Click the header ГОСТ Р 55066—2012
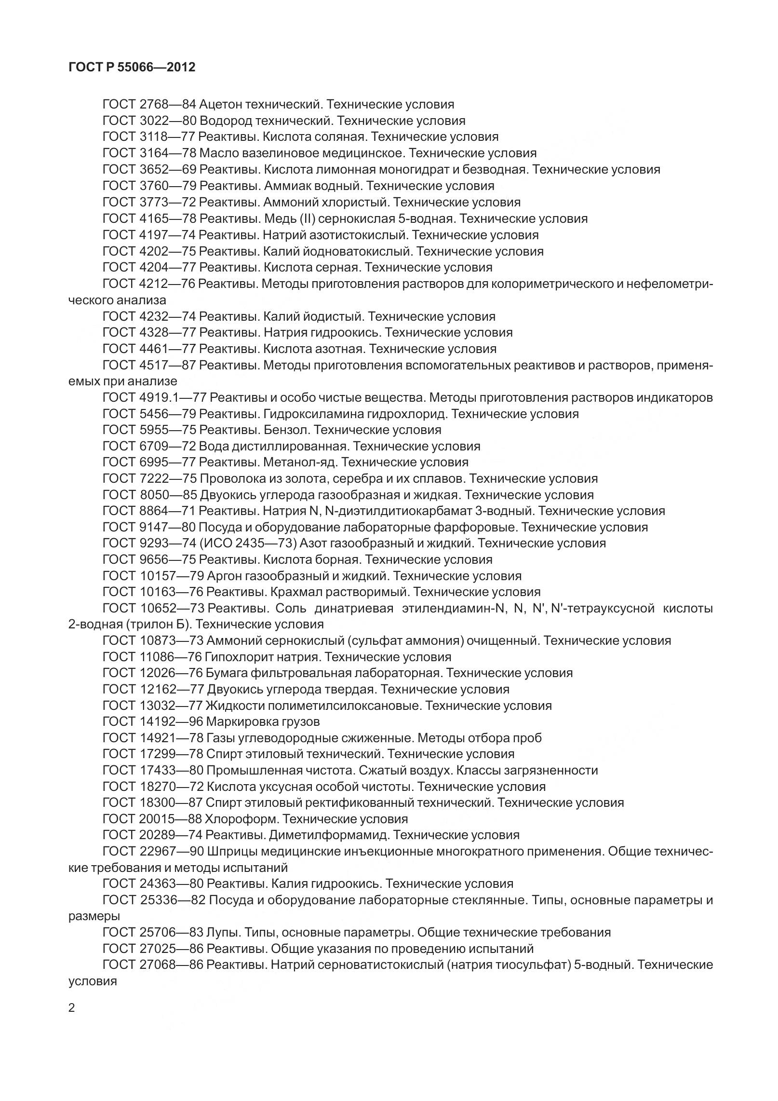132,68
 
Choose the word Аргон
225,576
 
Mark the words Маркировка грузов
263,722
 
